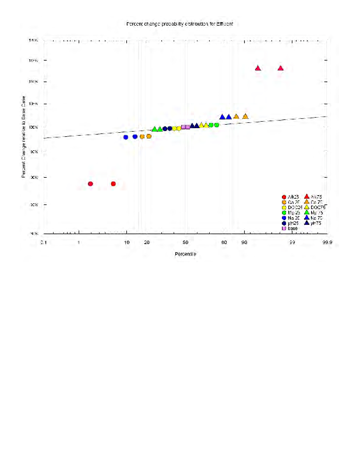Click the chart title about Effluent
tap(179, 24)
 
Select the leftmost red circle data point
tap(90, 184)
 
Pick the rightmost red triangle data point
tap(281, 68)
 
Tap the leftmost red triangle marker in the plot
tap(258, 68)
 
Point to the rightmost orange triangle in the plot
tap(245, 116)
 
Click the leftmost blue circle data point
tap(126, 137)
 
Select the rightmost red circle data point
tap(113, 184)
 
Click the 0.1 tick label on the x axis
tap(44, 242)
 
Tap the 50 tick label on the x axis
tap(185, 242)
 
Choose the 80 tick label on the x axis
tap(224, 242)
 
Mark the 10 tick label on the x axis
tap(127, 242)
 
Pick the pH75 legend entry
tap(316, 223)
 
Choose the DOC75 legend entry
tap(318, 208)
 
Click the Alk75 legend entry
tap(316, 197)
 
